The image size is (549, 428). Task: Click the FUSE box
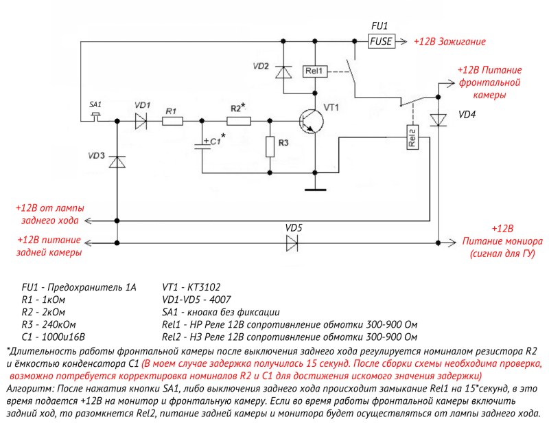click(381, 41)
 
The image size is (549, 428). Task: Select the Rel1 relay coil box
click(316, 71)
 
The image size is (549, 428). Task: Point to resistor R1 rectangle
click(172, 121)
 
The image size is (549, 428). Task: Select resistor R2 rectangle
click(238, 121)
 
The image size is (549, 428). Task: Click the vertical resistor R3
click(271, 146)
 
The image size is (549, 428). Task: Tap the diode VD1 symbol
click(141, 121)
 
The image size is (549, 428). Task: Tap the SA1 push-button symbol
click(96, 114)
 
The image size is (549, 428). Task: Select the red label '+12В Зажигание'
click(449, 41)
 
